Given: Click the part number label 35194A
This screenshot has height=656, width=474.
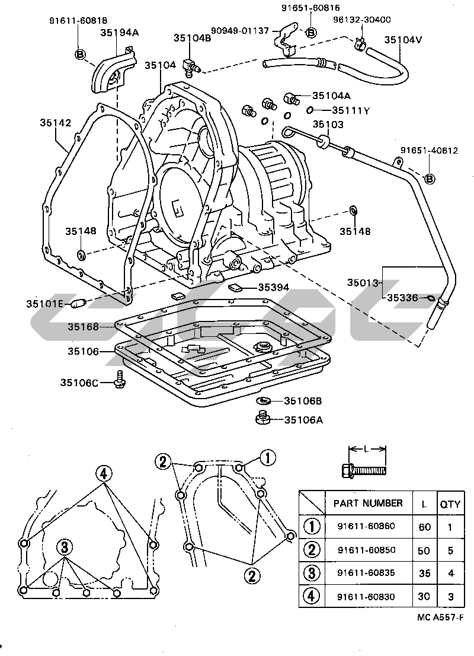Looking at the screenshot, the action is pos(120,32).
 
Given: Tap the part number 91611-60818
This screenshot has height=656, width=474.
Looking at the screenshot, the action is pos(78,20).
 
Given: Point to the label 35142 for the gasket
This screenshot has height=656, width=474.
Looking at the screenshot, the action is pos(56,123).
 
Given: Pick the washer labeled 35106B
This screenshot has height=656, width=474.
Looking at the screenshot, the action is pos(263,401).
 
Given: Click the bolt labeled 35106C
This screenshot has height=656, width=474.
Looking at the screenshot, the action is pos(120,378).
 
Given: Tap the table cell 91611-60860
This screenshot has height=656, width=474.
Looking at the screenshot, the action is pos(366,526).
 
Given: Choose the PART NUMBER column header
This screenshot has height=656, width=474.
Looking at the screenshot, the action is pos(368,503).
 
